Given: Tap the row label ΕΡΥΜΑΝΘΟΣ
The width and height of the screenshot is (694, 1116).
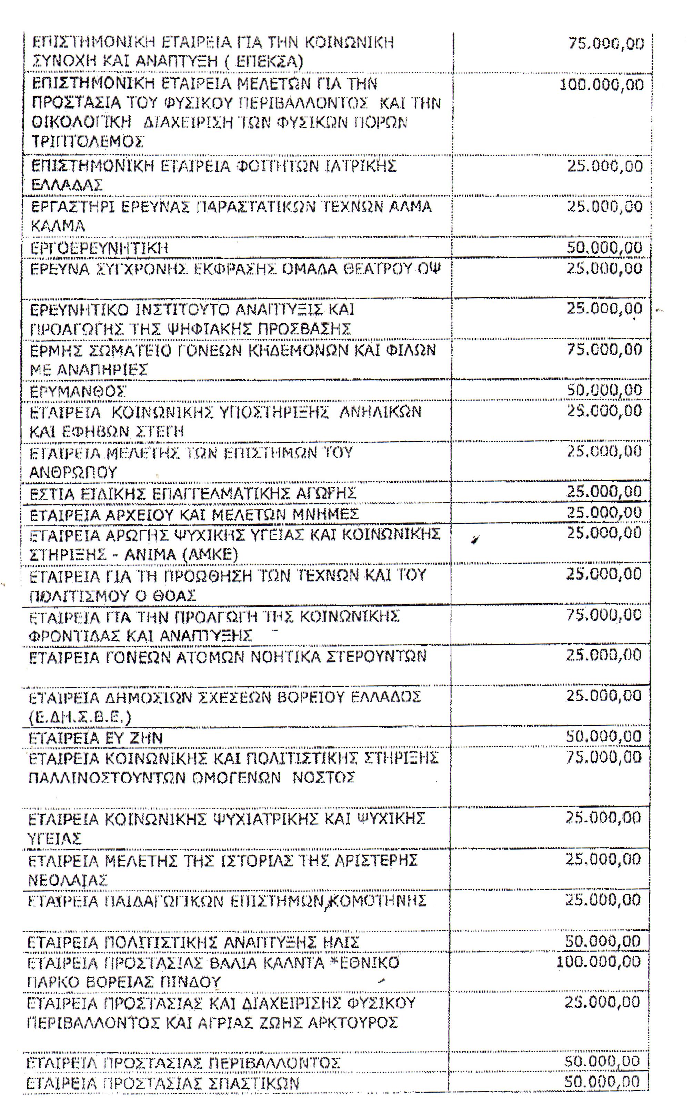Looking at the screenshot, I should (78, 391).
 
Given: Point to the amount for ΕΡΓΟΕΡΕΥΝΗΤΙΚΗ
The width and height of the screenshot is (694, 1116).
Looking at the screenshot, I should (604, 248).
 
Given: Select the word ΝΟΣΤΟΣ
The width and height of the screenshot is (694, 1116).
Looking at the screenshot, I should (324, 778).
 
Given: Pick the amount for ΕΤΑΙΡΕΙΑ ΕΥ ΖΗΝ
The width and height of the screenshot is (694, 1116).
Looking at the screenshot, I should (603, 736).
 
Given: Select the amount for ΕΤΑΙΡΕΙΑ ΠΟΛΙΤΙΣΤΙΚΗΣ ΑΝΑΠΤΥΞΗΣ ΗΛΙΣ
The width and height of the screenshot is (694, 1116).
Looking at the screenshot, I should (602, 941).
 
